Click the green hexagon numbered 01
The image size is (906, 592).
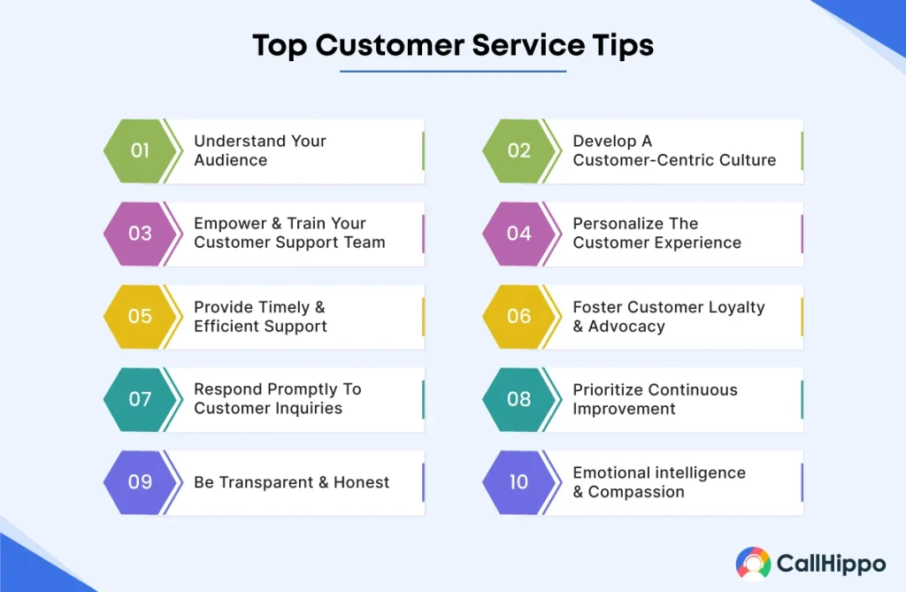point(140,150)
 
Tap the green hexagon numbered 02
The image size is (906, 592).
point(518,150)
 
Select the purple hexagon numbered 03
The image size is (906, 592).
point(140,234)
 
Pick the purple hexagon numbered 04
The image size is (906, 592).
point(518,234)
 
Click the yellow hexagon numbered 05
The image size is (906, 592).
point(140,316)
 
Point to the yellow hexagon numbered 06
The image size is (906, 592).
point(518,316)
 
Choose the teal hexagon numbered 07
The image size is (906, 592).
point(140,399)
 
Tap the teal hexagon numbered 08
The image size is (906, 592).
point(518,399)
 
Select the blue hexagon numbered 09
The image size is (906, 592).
point(140,482)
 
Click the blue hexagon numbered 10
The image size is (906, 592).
point(518,482)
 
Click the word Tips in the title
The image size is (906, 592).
point(620,45)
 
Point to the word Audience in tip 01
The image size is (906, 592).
point(230,160)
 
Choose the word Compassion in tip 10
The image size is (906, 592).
point(636,492)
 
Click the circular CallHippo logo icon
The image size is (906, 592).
point(753,563)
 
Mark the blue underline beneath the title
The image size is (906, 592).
point(453,71)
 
